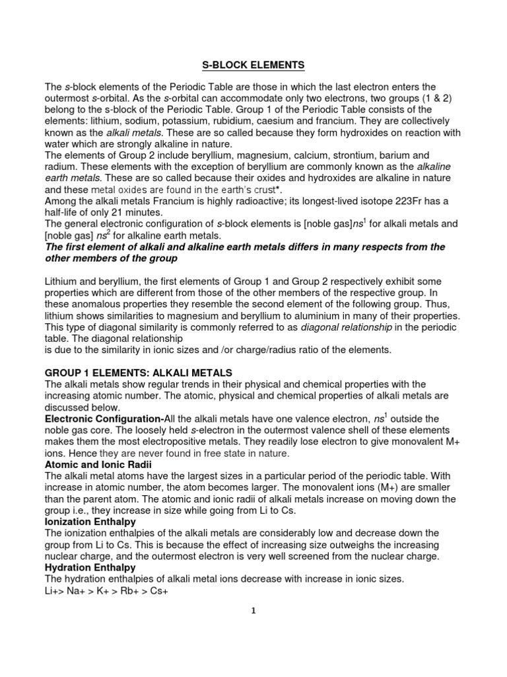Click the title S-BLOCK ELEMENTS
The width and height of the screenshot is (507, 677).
(253, 65)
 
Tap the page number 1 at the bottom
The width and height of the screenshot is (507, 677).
(253, 611)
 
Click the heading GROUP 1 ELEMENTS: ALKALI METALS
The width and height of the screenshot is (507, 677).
(138, 373)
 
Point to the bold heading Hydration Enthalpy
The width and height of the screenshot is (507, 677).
(90, 567)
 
